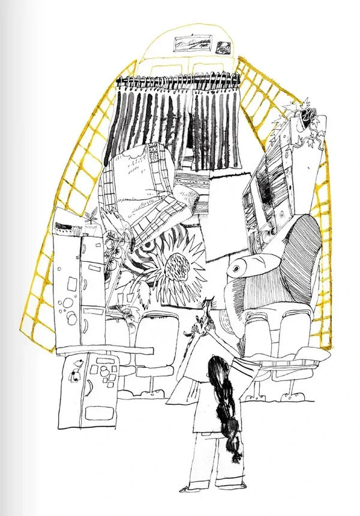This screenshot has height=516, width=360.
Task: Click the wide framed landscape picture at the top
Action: coord(192,44)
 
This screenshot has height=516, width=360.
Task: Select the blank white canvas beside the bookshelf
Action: coord(227,216)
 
